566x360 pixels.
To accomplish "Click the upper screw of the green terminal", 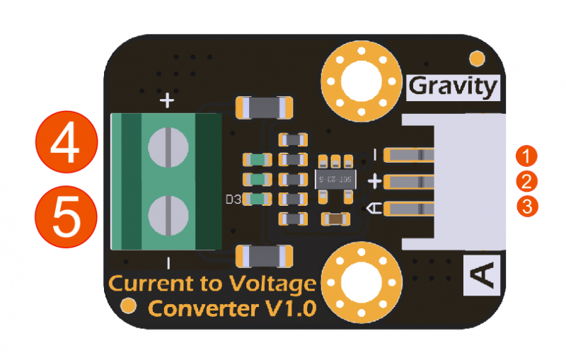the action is [x=168, y=147].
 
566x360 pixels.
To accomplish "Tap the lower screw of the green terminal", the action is [x=168, y=213].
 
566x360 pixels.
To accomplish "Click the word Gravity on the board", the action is [x=454, y=87].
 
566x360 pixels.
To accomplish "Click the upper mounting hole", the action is [x=360, y=83].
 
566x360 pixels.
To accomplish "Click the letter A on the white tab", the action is [x=482, y=275].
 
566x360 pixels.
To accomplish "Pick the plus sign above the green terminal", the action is [x=167, y=101].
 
